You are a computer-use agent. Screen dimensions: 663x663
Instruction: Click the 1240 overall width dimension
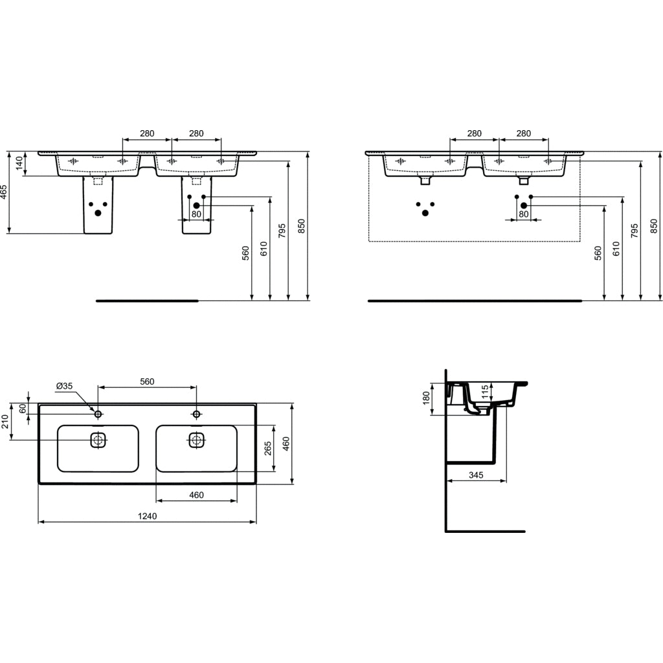pyautogui.click(x=147, y=516)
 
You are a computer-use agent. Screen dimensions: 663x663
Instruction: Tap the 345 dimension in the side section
pyautogui.click(x=476, y=475)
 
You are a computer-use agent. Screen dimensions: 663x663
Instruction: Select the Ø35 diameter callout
pyautogui.click(x=65, y=387)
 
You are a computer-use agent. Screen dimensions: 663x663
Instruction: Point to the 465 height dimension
pyautogui.click(x=4, y=192)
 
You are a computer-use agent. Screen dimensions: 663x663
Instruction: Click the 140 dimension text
pyautogui.click(x=20, y=163)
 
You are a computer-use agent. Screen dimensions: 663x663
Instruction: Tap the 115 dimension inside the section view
pyautogui.click(x=484, y=392)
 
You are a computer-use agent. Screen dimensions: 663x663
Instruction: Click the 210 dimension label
pyautogui.click(x=6, y=423)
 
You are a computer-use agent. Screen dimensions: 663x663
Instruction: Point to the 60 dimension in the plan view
pyautogui.click(x=23, y=409)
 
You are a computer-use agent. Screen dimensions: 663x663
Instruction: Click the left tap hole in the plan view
pyautogui.click(x=98, y=413)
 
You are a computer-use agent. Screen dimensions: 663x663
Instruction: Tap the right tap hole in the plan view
pyautogui.click(x=196, y=413)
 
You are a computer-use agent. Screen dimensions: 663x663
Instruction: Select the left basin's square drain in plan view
pyautogui.click(x=98, y=440)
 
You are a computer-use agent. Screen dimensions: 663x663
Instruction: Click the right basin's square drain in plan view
pyautogui.click(x=196, y=440)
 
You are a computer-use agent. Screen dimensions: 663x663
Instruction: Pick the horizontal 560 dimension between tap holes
pyautogui.click(x=147, y=381)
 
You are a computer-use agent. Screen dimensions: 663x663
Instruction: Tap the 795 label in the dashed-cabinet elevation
pyautogui.click(x=635, y=231)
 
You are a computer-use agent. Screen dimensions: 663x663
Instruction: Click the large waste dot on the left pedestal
pyautogui.click(x=98, y=212)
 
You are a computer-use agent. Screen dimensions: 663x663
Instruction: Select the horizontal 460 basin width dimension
pyautogui.click(x=196, y=495)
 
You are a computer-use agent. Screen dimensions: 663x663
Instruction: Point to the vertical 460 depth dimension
pyautogui.click(x=286, y=444)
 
